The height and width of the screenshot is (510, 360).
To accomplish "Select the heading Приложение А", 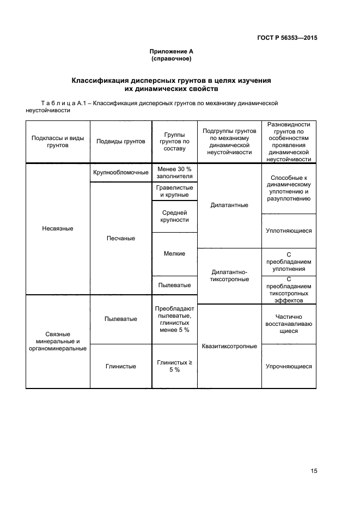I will [172, 52].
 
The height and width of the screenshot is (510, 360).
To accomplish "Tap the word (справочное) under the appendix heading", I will [172, 59].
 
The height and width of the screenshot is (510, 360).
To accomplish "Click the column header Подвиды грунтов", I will [121, 141].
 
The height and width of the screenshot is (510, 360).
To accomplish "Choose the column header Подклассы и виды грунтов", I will [58, 142].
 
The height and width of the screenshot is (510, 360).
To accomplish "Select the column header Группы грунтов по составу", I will [174, 141].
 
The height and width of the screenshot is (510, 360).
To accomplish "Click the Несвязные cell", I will [58, 228].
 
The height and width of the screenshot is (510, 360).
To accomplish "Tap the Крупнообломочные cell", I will [121, 172].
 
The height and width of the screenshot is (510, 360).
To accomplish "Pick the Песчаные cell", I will [121, 238].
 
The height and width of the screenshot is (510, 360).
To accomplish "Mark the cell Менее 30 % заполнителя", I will [174, 172].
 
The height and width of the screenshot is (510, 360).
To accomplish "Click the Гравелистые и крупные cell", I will [174, 191].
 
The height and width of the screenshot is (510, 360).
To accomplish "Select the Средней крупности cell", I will [174, 216].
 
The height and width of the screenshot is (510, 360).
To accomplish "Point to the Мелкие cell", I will [174, 253].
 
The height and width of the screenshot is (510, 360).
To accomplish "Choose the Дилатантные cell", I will [229, 205].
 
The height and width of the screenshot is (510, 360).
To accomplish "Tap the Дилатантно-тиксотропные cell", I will [229, 275].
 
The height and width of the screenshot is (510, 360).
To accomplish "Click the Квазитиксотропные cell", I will [229, 346].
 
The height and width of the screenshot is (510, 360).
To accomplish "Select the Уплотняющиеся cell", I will [289, 230].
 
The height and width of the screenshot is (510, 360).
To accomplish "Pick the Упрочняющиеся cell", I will [289, 366].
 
